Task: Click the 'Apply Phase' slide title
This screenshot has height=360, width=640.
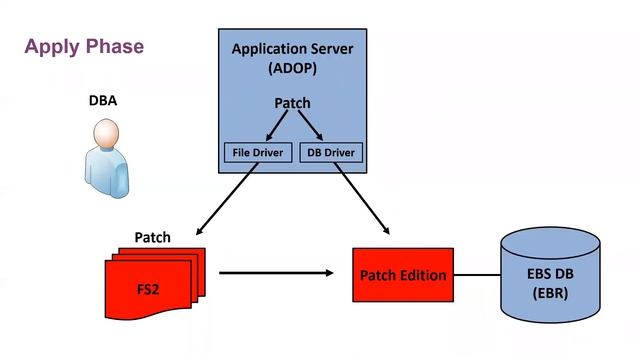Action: (x=84, y=47)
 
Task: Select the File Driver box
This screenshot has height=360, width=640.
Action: (x=257, y=154)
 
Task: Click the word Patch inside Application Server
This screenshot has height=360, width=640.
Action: (x=292, y=103)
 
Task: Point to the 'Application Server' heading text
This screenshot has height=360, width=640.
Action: (x=292, y=49)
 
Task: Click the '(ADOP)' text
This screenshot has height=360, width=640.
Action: (x=292, y=68)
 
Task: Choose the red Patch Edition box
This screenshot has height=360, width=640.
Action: (x=402, y=275)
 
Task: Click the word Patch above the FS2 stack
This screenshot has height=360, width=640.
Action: (x=153, y=238)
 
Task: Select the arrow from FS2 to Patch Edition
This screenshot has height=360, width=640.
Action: (x=275, y=271)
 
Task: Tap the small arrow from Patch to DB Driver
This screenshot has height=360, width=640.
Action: (x=311, y=128)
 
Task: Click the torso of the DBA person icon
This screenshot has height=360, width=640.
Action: (x=107, y=170)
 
